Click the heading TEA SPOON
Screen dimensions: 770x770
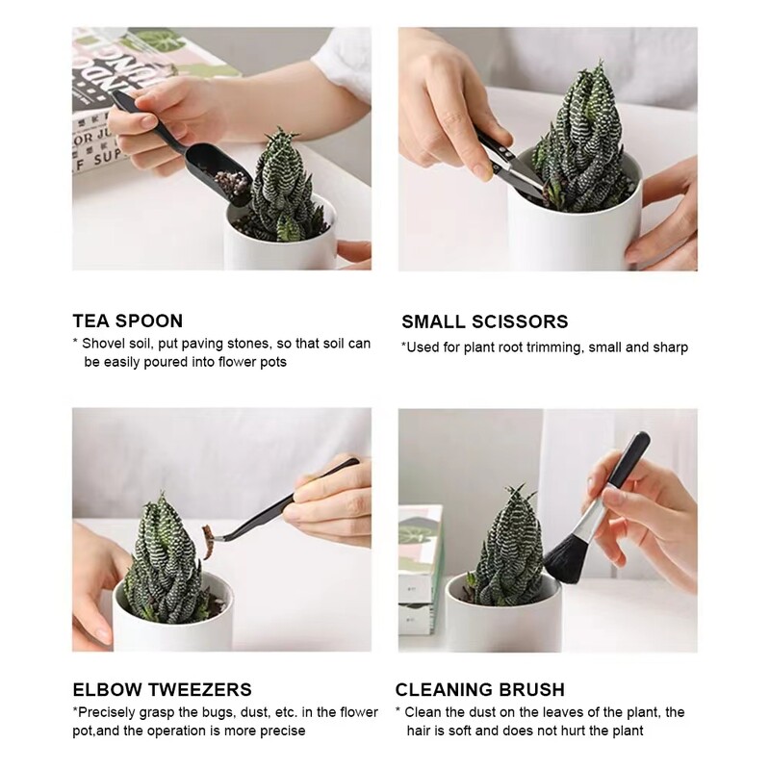pyautogui.click(x=127, y=321)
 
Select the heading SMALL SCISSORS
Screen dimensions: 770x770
pyautogui.click(x=484, y=321)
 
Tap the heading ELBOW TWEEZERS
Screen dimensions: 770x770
pyautogui.click(x=162, y=689)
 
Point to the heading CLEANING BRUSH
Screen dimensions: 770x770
pyautogui.click(x=479, y=689)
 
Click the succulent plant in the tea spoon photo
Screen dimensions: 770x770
pyautogui.click(x=279, y=188)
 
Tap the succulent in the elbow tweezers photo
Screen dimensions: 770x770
pyautogui.click(x=164, y=568)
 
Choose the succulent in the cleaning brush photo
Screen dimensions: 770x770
pyautogui.click(x=510, y=558)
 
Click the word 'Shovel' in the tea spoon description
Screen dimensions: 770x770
pyautogui.click(x=103, y=344)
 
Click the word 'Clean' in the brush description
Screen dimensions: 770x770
pyautogui.click(x=423, y=712)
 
